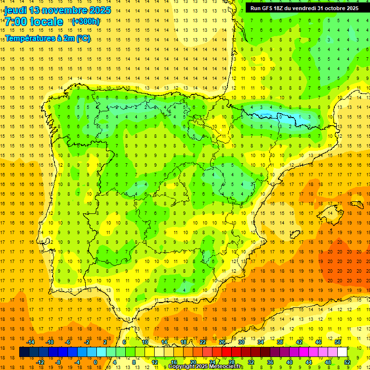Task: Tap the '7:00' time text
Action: pos(16,22)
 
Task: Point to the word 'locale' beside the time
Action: pos(47,22)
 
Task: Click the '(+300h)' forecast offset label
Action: pos(85,22)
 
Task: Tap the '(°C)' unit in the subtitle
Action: pos(82,39)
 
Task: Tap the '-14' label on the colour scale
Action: pos(30,342)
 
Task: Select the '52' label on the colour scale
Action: pos(347,362)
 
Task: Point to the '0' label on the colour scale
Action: pos(95,362)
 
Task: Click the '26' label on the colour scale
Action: pos(222,342)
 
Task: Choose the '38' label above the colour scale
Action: pos(280,342)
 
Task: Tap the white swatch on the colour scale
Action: pos(342,352)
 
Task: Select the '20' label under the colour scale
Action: pos(193,362)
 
